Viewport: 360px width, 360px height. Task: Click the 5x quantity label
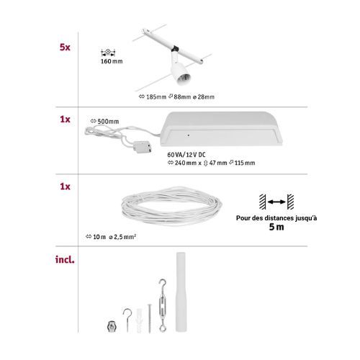coord(65,47)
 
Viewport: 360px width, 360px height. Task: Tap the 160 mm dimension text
coord(112,61)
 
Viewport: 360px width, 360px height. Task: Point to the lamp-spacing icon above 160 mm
coord(108,52)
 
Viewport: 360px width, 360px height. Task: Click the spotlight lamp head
coord(180,74)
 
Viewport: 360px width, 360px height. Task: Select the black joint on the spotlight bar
coord(175,48)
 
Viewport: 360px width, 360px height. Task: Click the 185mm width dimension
coord(153,96)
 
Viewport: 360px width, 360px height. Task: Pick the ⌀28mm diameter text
coord(204,96)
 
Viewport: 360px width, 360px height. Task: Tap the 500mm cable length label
coord(105,121)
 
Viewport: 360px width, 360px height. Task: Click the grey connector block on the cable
coord(143,147)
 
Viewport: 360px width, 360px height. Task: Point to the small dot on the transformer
coord(189,135)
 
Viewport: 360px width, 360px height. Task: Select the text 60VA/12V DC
coord(186,155)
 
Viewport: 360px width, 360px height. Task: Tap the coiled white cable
coord(172,207)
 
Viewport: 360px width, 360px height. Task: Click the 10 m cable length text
coord(99,237)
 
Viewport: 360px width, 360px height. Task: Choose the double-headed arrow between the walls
coord(276,202)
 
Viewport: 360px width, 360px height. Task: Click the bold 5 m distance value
coord(276,227)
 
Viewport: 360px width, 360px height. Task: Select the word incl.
coord(65,259)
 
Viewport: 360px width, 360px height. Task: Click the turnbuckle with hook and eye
coord(163,305)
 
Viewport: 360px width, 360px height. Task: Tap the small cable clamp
coord(110,326)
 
